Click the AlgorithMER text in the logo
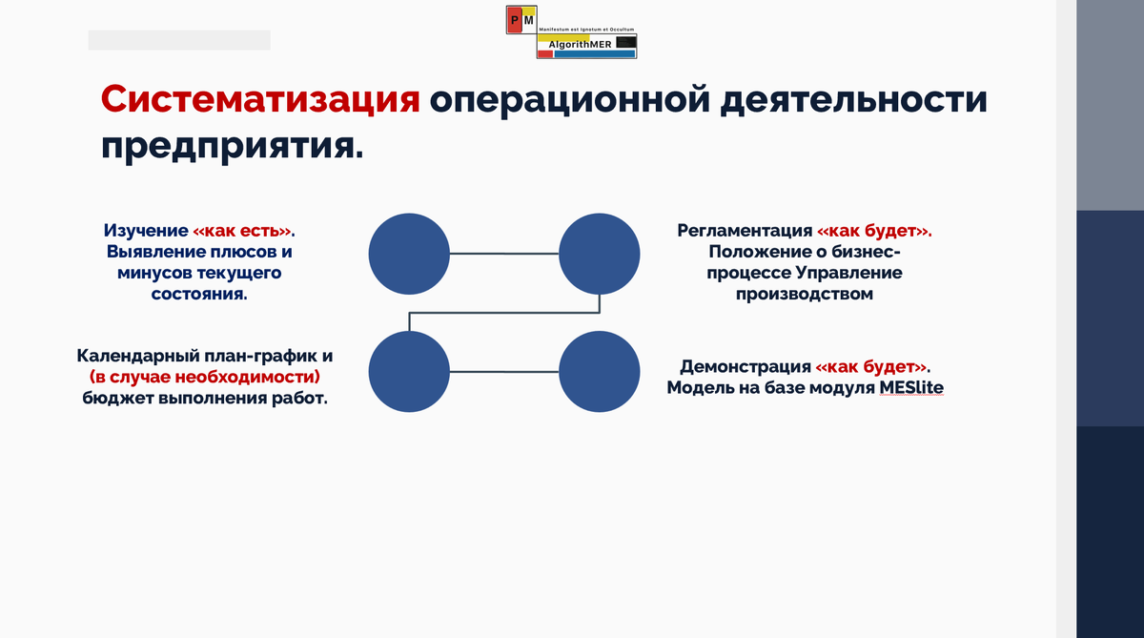point(581,43)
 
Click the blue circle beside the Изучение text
point(409,254)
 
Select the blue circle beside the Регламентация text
point(599,254)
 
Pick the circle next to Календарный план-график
point(409,372)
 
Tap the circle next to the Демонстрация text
point(599,372)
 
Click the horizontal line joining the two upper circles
point(503,254)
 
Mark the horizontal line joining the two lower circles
point(503,372)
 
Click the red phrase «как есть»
point(244,232)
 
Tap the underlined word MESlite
point(911,387)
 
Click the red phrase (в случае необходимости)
point(205,377)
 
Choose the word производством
point(804,294)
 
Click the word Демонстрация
point(746,367)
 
